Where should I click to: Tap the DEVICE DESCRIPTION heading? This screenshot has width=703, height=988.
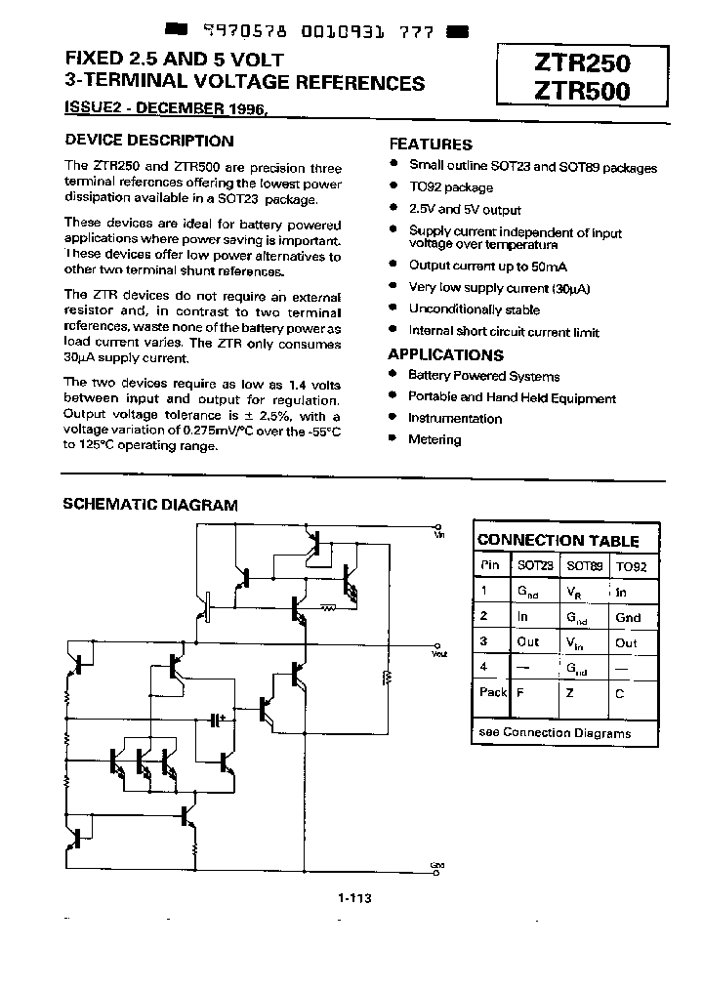click(x=148, y=141)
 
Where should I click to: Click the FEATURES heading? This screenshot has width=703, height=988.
click(x=431, y=144)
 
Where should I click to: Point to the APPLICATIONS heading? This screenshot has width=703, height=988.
click(x=446, y=355)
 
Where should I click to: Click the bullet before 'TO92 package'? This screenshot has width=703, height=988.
click(x=393, y=186)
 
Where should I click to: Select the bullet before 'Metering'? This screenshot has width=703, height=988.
click(x=393, y=439)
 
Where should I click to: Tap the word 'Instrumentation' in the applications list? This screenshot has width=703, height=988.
click(x=455, y=418)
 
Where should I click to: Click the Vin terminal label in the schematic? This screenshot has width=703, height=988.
click(x=438, y=534)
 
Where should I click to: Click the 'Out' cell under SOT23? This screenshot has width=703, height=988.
click(x=528, y=642)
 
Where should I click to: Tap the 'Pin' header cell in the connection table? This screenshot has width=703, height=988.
click(x=489, y=565)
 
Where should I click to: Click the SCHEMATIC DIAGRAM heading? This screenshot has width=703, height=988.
click(x=150, y=505)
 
